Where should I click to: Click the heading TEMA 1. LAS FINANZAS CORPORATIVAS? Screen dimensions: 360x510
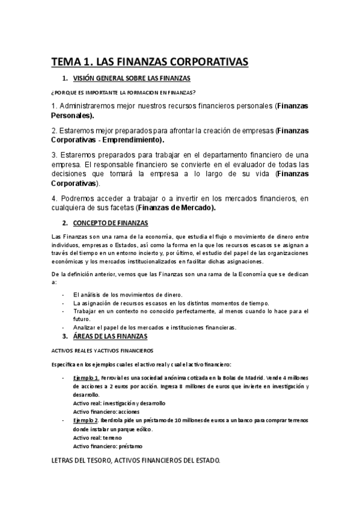click(150, 62)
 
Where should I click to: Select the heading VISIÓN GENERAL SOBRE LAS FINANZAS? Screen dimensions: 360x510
click(132, 79)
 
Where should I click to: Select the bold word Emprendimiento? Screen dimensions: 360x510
click(130, 140)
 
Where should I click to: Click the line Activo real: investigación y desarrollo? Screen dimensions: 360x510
click(119, 403)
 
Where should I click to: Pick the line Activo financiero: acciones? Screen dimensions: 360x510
click(106, 411)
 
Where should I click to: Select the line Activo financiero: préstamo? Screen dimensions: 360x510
click(108, 446)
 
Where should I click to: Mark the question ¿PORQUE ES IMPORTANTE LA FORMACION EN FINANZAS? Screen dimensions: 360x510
click(124, 93)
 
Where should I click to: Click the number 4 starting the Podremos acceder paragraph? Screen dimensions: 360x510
click(53, 199)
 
